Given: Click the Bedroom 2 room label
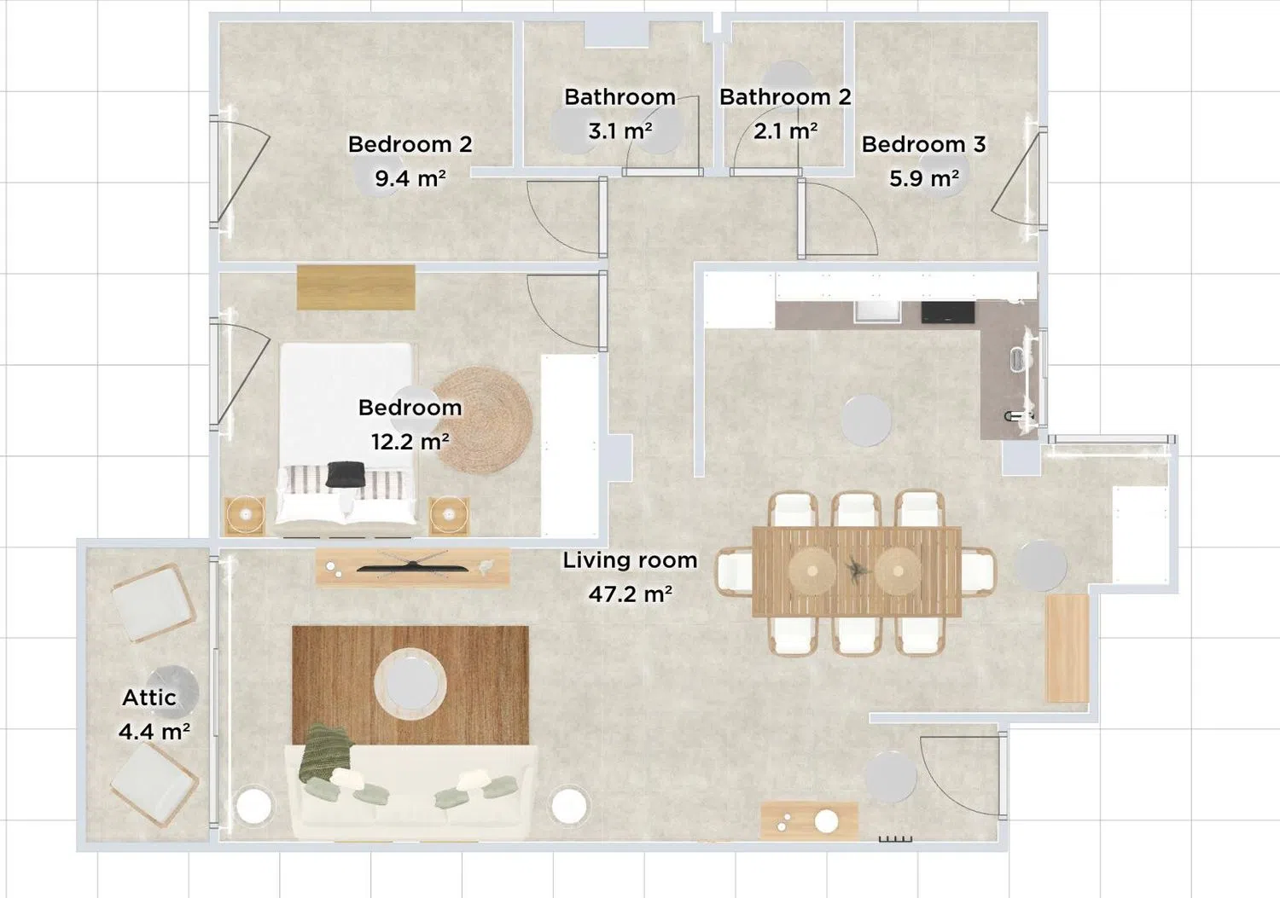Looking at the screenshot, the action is click(410, 144).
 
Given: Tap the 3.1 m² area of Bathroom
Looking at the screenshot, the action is click(620, 131).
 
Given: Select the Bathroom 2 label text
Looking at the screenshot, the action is click(785, 96).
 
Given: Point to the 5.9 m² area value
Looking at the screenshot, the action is click(923, 178).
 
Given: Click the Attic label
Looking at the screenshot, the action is click(149, 698).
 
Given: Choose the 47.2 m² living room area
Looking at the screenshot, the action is click(630, 594).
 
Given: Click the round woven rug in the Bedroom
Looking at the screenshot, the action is click(483, 420).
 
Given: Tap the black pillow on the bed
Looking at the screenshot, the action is click(345, 474).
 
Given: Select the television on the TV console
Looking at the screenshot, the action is click(412, 566).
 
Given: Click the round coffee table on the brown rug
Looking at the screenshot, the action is click(410, 682).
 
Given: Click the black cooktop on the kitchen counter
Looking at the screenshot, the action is click(947, 312).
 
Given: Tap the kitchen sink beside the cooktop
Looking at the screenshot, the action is click(876, 312).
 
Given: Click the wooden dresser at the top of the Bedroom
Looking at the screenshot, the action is click(356, 287).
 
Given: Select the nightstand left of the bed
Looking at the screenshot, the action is click(245, 516).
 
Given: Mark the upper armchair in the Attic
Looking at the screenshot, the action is click(153, 602).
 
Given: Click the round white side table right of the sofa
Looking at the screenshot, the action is click(568, 806).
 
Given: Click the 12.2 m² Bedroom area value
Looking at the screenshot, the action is click(410, 441).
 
